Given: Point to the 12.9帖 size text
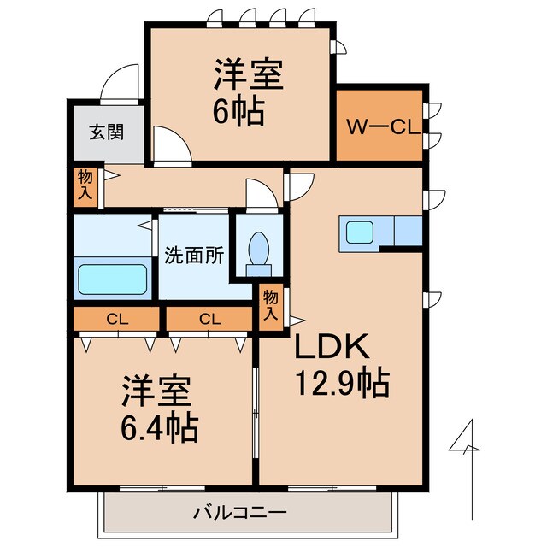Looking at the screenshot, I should tap(342, 382).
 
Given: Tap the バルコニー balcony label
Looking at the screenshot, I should tap(239, 513).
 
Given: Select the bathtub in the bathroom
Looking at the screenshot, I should tap(114, 279).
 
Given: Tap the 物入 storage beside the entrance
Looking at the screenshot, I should tap(85, 186).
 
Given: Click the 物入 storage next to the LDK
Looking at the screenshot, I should tap(270, 305).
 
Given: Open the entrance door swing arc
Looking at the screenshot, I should tap(120, 85).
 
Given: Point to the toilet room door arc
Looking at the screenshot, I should tap(259, 193).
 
